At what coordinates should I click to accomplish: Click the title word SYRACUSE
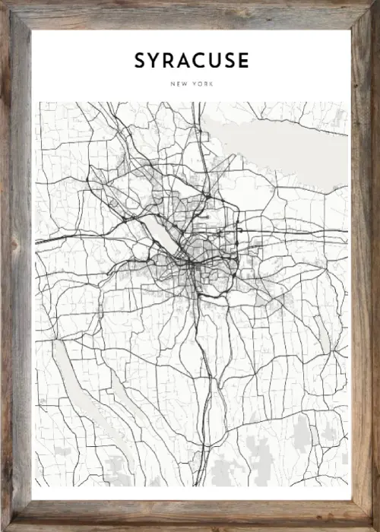(x=192, y=61)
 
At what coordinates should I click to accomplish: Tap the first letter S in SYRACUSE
(x=141, y=61)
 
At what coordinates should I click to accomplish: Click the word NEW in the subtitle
(x=181, y=83)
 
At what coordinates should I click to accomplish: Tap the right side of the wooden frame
(x=364, y=266)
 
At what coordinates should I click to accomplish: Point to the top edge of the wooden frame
(x=190, y=14)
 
